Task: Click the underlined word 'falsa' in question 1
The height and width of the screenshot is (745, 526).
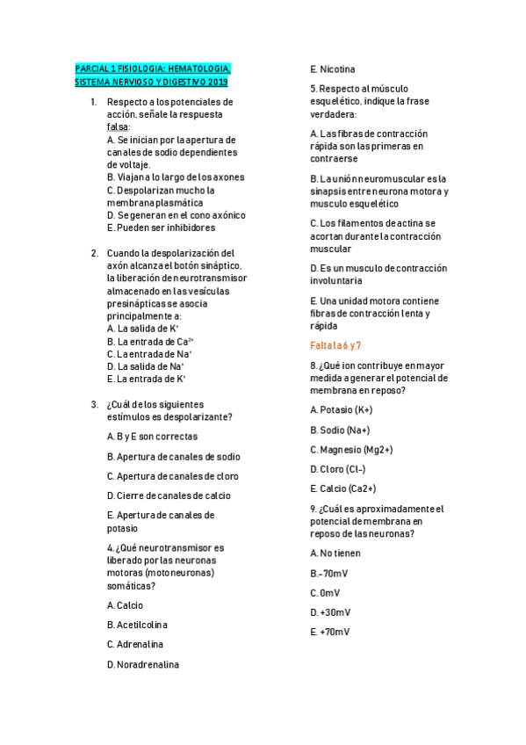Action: (117, 127)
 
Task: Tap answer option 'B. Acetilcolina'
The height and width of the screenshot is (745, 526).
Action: (137, 625)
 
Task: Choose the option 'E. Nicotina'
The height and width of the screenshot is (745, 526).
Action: (333, 69)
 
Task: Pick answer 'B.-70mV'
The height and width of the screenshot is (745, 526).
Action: (330, 573)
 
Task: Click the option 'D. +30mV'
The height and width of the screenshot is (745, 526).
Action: (330, 612)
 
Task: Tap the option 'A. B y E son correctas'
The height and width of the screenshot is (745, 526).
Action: (152, 436)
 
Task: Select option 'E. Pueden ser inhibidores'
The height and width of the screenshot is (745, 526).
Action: (161, 228)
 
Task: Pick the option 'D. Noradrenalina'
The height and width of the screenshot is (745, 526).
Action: (142, 664)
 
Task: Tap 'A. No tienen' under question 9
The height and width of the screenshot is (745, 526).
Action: (335, 553)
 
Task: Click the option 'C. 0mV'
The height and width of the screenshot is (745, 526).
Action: (325, 592)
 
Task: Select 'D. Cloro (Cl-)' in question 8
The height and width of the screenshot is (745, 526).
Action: (337, 469)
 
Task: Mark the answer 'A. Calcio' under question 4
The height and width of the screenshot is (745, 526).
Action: (125, 605)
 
